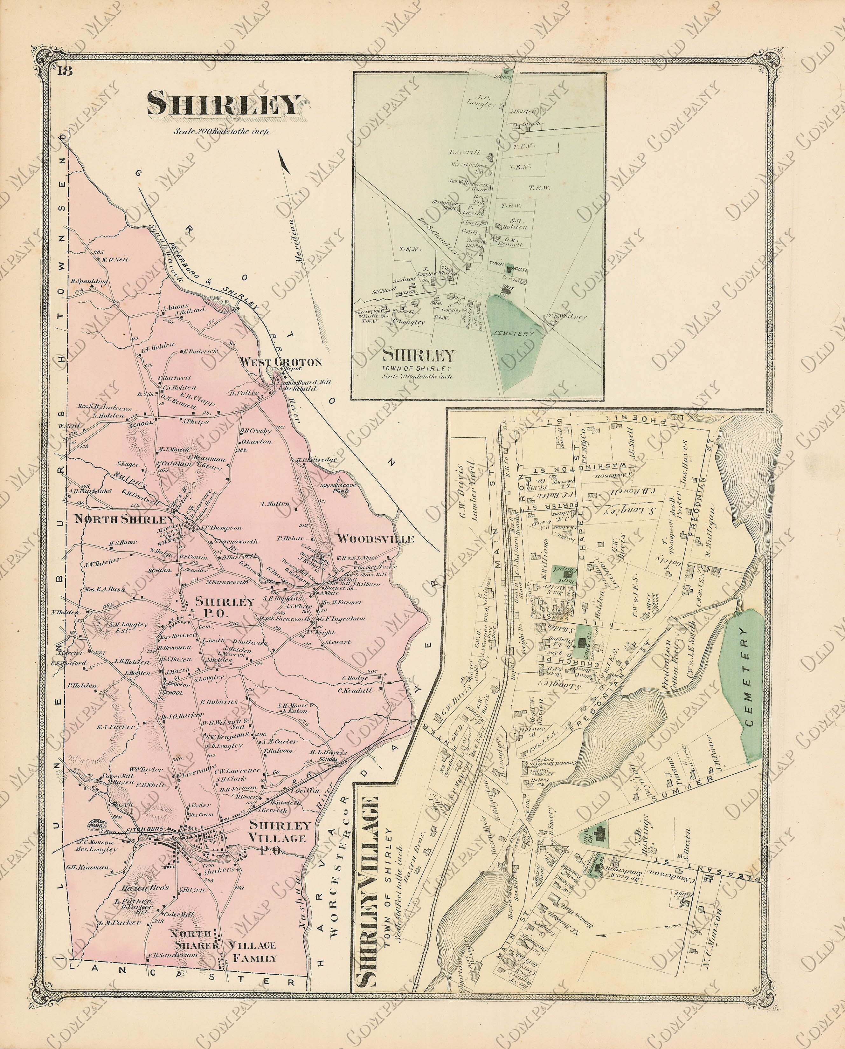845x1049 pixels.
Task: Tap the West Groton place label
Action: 281,362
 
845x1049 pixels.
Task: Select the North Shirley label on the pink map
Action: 124,519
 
